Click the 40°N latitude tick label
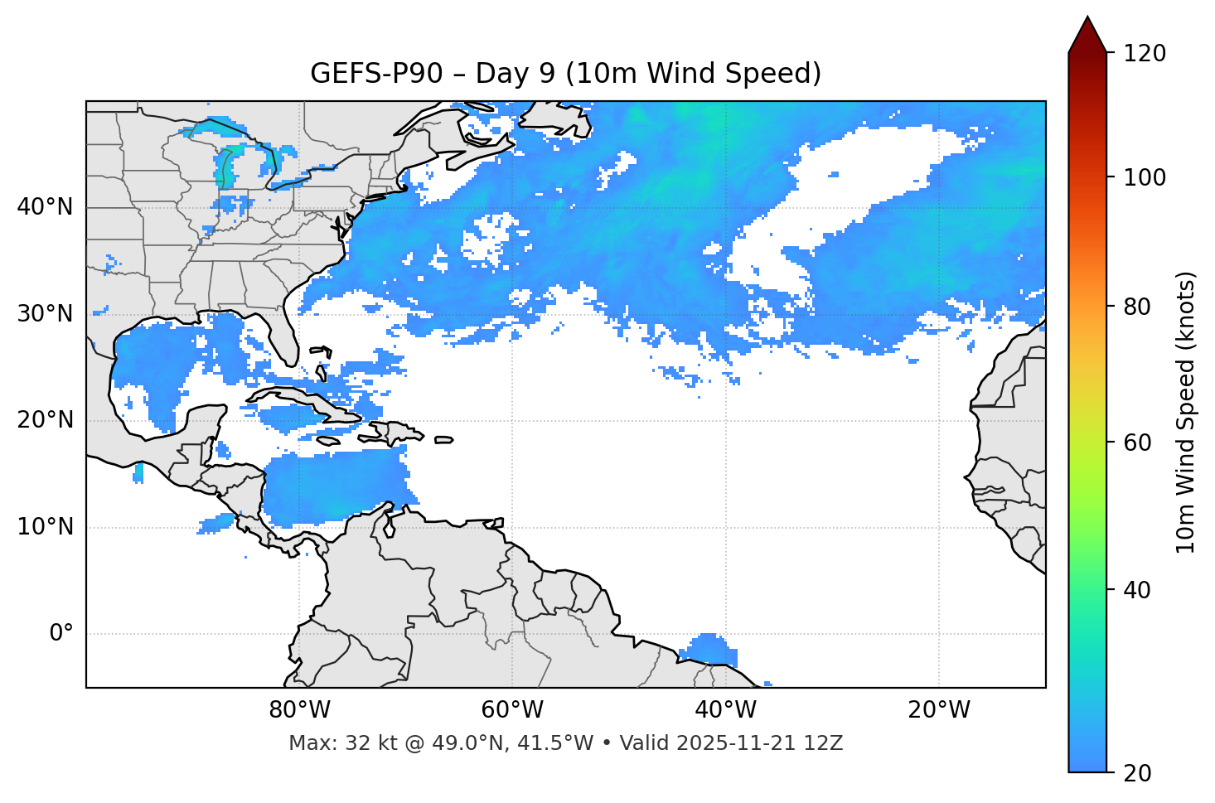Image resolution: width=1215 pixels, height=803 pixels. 45,207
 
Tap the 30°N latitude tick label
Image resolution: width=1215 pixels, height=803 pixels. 45,314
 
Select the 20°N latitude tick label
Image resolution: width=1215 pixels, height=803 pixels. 45,420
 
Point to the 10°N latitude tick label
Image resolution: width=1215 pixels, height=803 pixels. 45,527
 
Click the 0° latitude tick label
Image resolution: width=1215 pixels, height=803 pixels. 61,634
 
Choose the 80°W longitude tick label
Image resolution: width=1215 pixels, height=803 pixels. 299,710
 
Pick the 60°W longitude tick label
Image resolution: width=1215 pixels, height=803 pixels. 512,710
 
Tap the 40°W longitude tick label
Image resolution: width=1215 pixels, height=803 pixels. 725,710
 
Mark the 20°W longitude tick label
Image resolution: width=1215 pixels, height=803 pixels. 938,710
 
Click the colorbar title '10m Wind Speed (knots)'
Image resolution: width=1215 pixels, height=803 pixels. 1186,412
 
